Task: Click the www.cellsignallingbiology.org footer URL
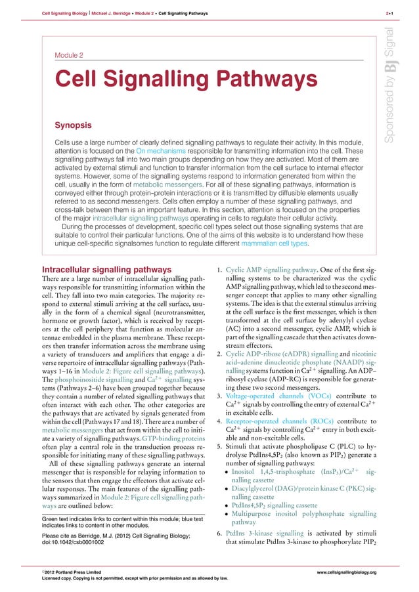pyautogui.click(x=346, y=572)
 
